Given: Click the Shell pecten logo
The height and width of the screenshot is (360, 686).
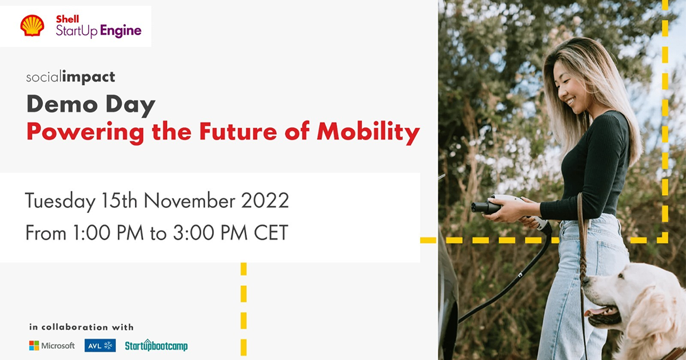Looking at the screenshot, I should tap(32, 26).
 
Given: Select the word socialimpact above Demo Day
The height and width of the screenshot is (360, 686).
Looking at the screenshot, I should tap(70, 77).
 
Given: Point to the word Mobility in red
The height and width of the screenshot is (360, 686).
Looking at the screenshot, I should tap(368, 132).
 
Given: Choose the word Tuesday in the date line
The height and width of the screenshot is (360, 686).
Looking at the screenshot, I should tap(59, 201).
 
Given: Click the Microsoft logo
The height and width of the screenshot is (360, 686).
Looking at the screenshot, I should tap(52, 346).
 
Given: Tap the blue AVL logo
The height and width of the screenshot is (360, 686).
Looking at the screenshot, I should tap(100, 346).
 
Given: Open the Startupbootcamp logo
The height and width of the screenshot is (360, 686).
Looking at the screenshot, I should tap(156, 346).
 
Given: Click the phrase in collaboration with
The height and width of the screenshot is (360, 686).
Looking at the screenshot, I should tap(81, 327).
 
